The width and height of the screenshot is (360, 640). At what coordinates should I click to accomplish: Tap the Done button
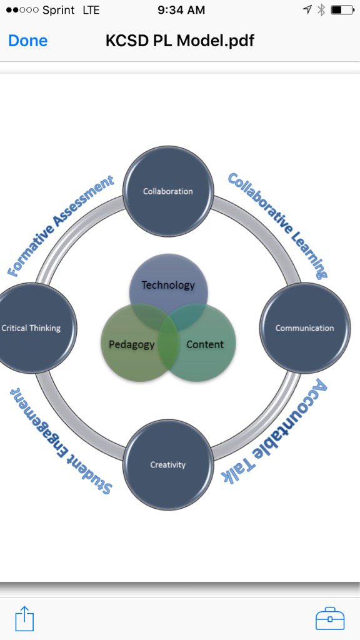[27, 41]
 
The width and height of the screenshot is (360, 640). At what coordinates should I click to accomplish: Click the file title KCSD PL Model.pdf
[180, 41]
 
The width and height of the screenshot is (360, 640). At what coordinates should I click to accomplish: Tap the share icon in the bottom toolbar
[24, 619]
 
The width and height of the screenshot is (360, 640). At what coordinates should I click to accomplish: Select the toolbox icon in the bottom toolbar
[330, 619]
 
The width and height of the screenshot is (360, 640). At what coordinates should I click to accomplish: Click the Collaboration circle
[168, 191]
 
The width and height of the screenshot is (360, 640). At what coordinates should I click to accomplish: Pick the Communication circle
[304, 328]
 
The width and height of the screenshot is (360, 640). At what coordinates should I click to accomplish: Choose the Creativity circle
[168, 464]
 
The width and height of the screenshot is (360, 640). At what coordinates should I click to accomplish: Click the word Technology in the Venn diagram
[168, 285]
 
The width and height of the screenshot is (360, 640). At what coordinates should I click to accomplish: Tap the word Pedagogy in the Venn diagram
[131, 344]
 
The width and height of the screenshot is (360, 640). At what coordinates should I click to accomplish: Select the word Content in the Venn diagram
[205, 344]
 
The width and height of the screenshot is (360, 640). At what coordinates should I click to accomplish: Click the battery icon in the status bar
[342, 10]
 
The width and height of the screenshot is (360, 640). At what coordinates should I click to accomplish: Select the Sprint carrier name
[58, 10]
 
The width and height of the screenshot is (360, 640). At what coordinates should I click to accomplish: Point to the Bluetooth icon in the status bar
[321, 10]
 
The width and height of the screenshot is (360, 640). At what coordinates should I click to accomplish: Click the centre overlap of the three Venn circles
[168, 326]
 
